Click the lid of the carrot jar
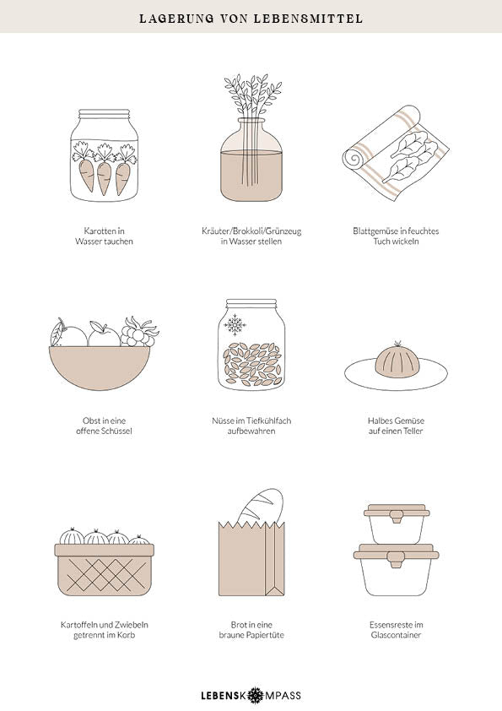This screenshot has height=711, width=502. click(105, 113)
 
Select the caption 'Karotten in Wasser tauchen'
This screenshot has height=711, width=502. click(105, 236)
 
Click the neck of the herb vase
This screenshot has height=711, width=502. click(251, 126)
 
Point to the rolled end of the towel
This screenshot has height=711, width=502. click(354, 160)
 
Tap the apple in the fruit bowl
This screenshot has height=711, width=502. click(104, 335)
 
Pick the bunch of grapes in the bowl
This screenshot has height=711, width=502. click(139, 333)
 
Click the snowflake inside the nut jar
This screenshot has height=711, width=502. click(235, 324)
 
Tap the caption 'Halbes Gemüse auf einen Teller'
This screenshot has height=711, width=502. click(396, 426)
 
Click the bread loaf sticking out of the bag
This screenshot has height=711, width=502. click(261, 506)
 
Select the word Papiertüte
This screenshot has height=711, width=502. click(265, 635)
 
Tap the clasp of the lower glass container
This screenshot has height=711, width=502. click(397, 559)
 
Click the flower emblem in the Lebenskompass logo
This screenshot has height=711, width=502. click(256, 695)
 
